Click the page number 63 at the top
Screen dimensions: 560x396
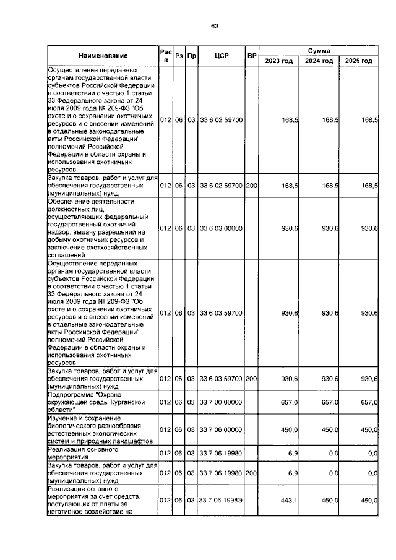[215, 26]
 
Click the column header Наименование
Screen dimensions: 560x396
[103, 56]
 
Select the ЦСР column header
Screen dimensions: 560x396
[221, 56]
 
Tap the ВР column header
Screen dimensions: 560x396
[251, 56]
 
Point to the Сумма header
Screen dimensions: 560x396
[319, 50]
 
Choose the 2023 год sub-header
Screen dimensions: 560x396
[278, 61]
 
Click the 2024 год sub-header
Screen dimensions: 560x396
[319, 61]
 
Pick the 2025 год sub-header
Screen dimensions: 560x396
[359, 61]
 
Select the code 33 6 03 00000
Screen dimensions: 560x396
[221, 228]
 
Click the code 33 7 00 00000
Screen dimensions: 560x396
[221, 402]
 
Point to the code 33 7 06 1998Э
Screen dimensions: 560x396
[221, 500]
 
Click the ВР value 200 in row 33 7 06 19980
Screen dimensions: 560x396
[251, 472]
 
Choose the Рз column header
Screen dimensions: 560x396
[179, 56]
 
